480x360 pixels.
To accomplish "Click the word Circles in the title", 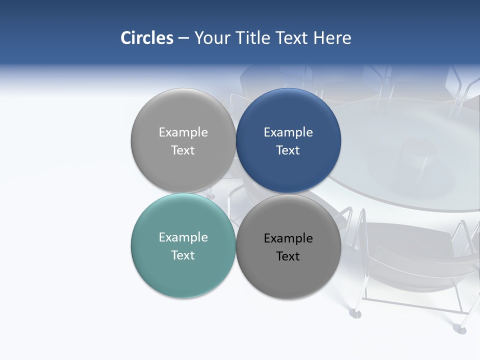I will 146,38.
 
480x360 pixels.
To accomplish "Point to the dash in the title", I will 183,38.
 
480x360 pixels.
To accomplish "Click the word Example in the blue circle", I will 288,132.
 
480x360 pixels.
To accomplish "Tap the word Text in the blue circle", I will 288,150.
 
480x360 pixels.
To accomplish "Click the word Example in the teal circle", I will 183,237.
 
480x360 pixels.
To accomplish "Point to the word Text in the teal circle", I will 183,255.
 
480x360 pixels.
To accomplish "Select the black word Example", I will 288,238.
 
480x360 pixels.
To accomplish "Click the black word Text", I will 288,256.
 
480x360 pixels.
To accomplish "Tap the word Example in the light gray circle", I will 183,132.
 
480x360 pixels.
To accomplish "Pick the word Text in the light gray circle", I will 183,150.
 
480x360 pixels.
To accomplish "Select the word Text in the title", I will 292,38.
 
